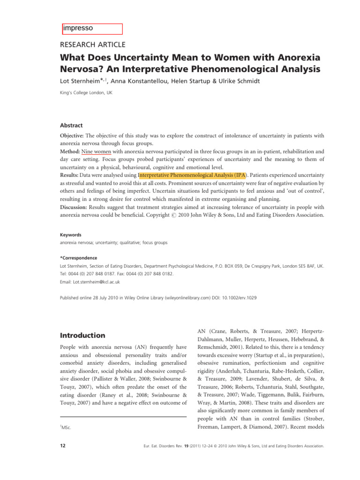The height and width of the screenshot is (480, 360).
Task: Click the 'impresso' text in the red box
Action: pos(78,28)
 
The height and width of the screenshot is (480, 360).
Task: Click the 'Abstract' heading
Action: pos(71,126)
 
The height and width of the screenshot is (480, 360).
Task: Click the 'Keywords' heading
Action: pos(71,235)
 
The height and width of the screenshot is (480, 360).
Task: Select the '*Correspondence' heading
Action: pos(79,258)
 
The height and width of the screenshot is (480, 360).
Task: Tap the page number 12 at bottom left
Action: pos(63,446)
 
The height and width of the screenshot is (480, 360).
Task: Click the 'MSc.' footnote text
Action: pos(68,428)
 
